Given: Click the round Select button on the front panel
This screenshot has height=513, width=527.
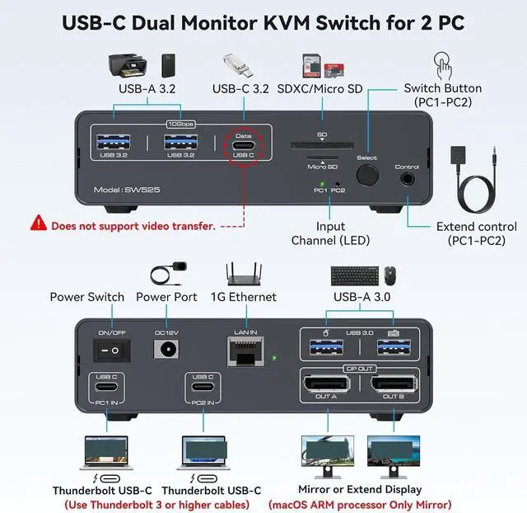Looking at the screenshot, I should point(366,176).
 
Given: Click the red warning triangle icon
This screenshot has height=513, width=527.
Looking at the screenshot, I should point(39,223).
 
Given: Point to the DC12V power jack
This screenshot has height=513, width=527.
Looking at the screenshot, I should point(166,350).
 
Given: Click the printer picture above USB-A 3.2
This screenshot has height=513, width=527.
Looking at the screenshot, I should point(128,65).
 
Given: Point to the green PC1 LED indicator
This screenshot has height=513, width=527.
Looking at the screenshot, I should point(323,185).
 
